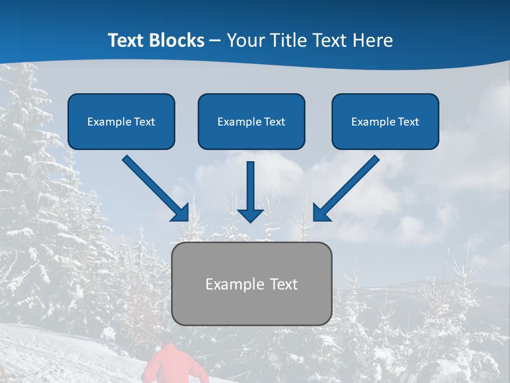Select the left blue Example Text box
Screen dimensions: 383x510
coord(121,121)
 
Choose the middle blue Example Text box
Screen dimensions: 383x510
coord(251,121)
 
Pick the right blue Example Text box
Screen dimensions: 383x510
coord(385,121)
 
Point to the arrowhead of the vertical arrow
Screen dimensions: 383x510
coord(250,215)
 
